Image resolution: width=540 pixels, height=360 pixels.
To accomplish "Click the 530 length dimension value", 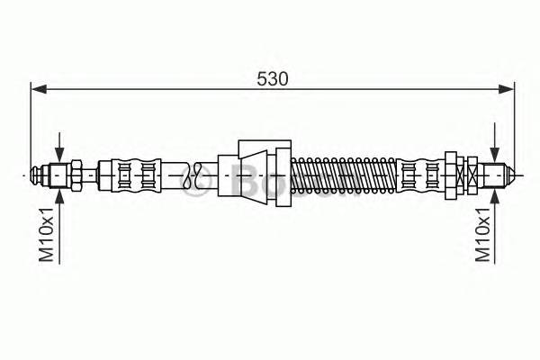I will [272, 78].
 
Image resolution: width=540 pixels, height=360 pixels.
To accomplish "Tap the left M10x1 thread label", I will [49, 232].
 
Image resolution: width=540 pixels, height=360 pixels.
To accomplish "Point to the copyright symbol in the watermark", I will [194, 184].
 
